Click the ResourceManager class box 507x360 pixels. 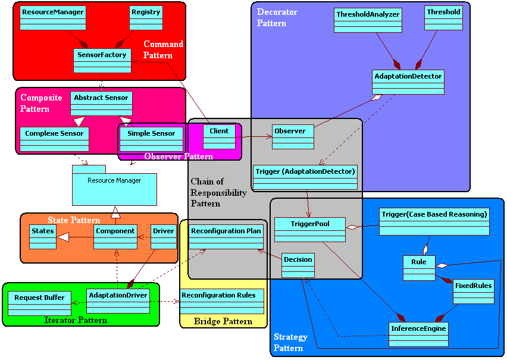point(52,18)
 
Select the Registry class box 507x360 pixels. point(146,18)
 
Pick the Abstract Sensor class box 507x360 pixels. point(101,103)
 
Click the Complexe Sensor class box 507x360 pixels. point(54,139)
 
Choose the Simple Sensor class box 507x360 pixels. point(151,139)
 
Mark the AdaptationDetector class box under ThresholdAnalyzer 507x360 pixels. point(408,82)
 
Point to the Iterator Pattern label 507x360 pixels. point(76,320)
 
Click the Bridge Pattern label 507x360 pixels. point(223,321)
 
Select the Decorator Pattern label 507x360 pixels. point(277,17)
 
